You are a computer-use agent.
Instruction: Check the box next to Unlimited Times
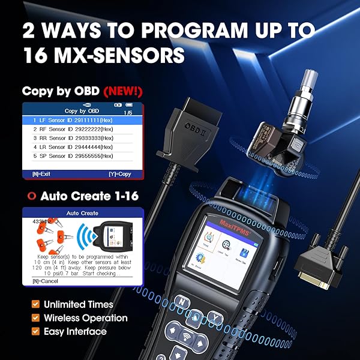pos(35,305)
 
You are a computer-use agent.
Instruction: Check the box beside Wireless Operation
pos(35,318)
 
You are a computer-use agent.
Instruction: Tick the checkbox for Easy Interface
pos(35,331)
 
